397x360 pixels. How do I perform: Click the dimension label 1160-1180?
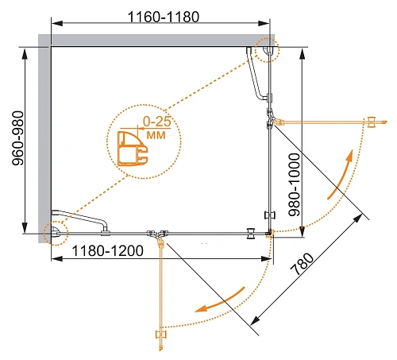coord(164,17)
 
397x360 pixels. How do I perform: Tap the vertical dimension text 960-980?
coord(18,138)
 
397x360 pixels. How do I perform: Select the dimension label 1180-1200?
coord(107,250)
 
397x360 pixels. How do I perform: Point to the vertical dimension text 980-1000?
coord(295,185)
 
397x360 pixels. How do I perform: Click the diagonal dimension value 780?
coord(302,265)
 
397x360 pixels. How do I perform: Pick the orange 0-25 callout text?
coord(157,122)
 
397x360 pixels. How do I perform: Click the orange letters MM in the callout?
coord(156,135)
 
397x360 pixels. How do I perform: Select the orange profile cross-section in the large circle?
coord(132,149)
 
